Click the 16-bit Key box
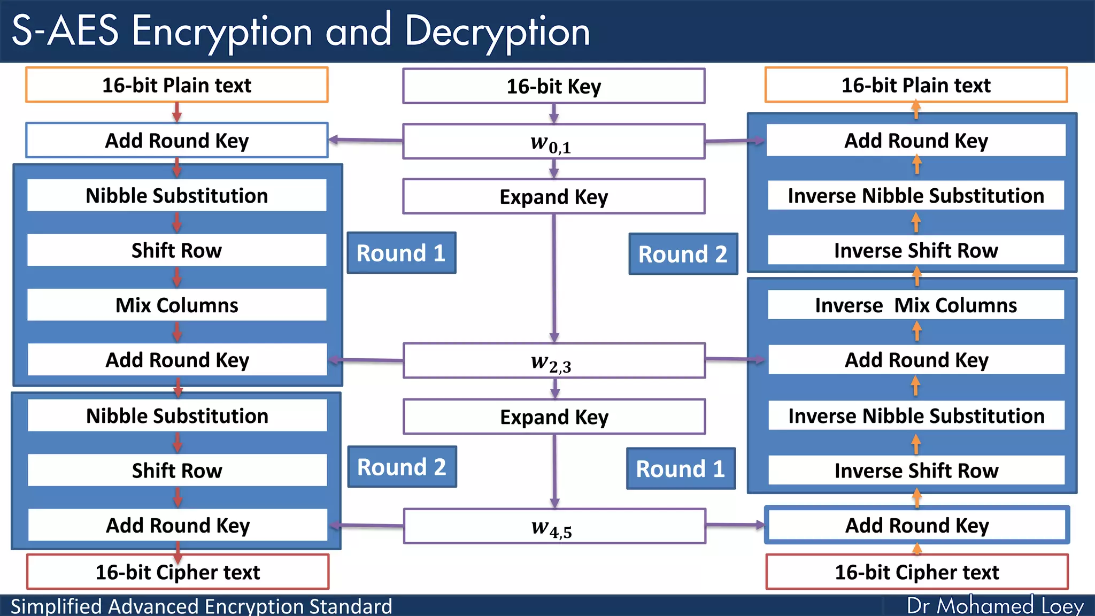pos(553,86)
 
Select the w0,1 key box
pos(553,142)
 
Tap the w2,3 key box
pos(554,361)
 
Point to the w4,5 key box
pos(554,526)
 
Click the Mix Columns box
pos(177,305)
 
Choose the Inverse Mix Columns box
pos(916,305)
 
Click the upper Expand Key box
pos(553,197)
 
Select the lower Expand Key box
pos(554,417)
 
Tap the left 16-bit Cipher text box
pos(178,572)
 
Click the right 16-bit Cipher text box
pos(917,572)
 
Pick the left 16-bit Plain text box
pos(176,85)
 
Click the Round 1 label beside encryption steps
pos(401,253)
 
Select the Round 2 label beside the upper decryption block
pos(683,254)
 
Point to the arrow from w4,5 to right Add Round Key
pos(735,525)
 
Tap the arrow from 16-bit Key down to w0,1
pos(554,113)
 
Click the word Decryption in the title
pos(497,31)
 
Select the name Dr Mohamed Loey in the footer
pos(995,606)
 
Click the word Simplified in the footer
pos(56,606)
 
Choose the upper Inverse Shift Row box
pos(916,250)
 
